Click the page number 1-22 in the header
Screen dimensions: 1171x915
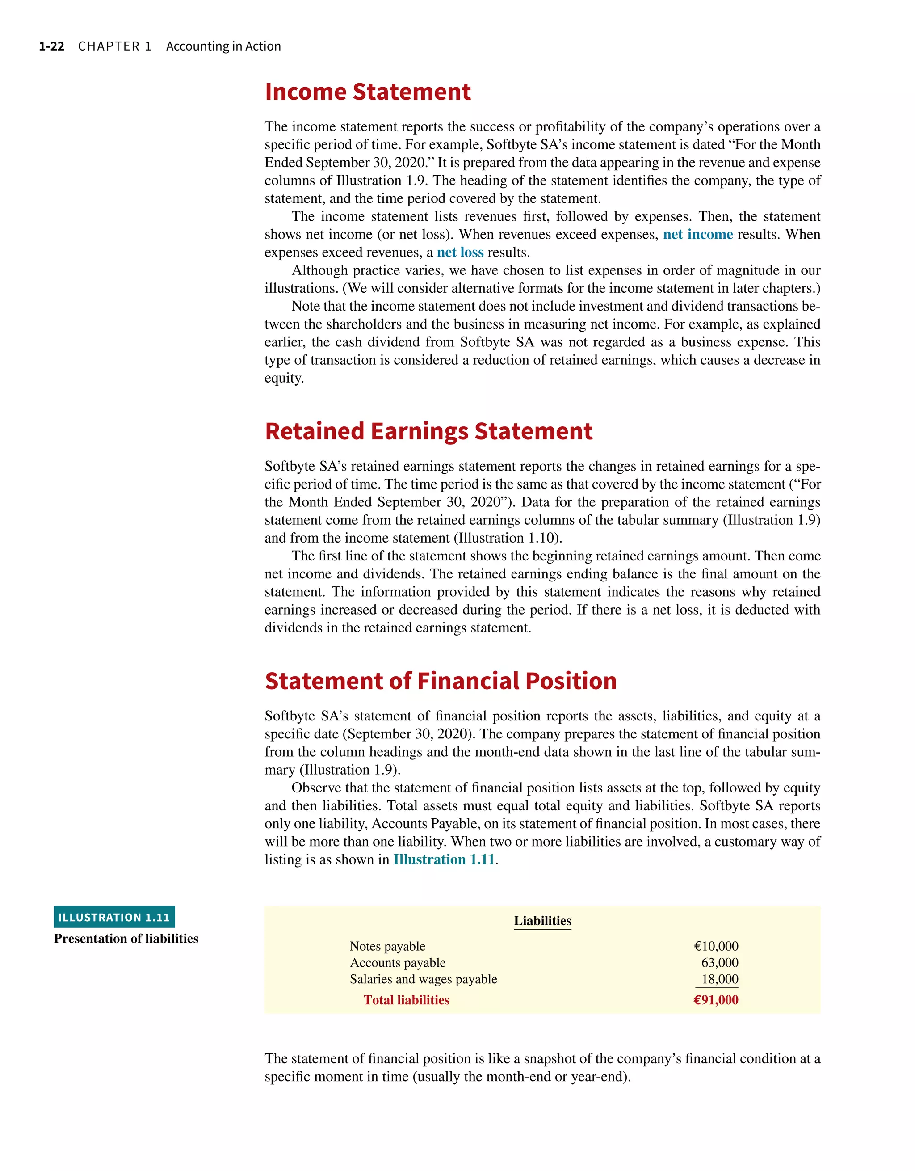(51, 46)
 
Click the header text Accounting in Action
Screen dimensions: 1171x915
(223, 46)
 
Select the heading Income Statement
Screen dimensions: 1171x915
(367, 92)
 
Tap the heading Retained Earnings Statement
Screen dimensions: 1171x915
(428, 431)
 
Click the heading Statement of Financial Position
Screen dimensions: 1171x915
(440, 681)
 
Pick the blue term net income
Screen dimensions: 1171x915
(697, 234)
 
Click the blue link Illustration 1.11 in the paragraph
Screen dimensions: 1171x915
(443, 859)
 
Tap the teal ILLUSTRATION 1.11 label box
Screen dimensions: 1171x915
(114, 918)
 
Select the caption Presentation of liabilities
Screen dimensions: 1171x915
(126, 939)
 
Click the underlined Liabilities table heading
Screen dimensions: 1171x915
(542, 921)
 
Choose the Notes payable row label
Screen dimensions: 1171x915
(387, 946)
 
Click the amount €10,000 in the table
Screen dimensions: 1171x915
(716, 946)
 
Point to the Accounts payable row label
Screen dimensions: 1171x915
(397, 963)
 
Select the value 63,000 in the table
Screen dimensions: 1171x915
(719, 963)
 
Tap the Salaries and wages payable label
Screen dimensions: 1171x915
(423, 980)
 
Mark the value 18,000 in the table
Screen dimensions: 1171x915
(719, 980)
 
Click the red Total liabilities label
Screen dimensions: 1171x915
(406, 1000)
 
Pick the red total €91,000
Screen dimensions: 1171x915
(716, 1000)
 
